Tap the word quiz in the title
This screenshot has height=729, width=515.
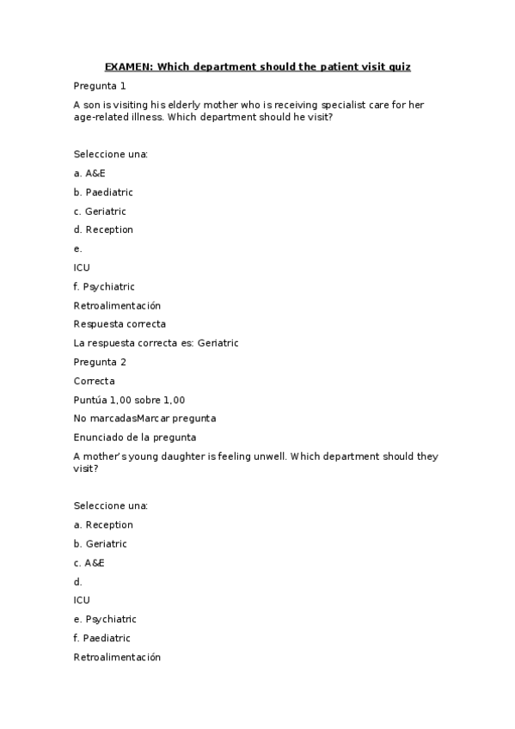(399, 66)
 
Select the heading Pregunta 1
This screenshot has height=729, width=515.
(100, 86)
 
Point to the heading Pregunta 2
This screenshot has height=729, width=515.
(100, 362)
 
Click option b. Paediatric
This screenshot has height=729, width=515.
(103, 192)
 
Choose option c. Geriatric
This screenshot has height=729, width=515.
(100, 211)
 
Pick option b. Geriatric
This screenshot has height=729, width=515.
(101, 543)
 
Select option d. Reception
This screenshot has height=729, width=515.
(103, 230)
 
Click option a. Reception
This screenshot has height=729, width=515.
(103, 524)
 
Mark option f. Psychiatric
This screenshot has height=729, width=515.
(104, 286)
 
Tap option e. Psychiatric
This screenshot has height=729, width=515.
(105, 619)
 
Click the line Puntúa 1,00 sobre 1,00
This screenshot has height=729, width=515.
(129, 400)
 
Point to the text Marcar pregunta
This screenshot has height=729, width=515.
(176, 419)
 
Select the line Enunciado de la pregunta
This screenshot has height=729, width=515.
(135, 438)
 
